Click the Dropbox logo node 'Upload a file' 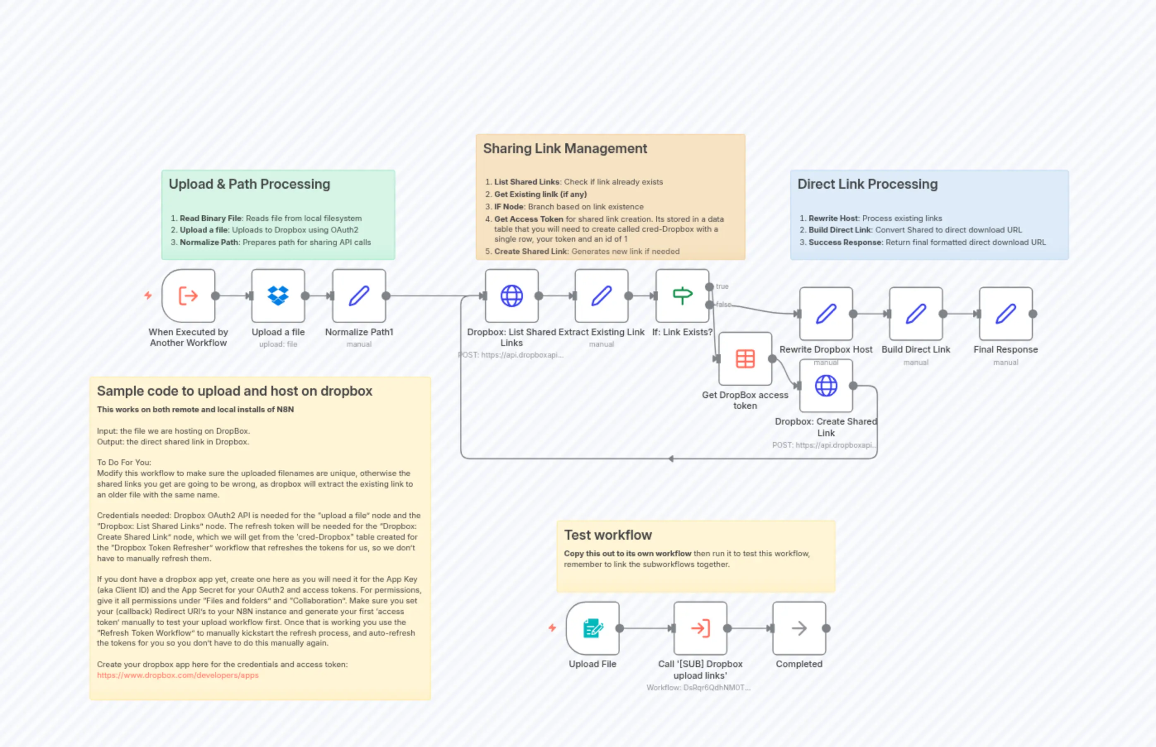(278, 295)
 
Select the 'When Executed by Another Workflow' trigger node (188, 295)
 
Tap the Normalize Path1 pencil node (359, 295)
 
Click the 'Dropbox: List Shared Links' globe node (511, 295)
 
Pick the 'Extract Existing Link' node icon (601, 295)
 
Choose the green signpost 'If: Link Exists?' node (682, 295)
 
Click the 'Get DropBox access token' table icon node (745, 358)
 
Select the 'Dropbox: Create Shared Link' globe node (826, 386)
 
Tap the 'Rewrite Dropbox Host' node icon (826, 313)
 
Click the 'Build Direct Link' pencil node (916, 313)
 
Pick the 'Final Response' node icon (1005, 313)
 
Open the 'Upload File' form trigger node (592, 628)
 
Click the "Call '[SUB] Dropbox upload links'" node (700, 628)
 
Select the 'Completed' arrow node (799, 628)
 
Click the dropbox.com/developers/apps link (177, 675)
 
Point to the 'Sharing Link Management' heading (564, 149)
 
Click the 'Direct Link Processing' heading (867, 184)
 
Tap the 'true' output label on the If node (722, 286)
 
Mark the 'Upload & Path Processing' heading (249, 184)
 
